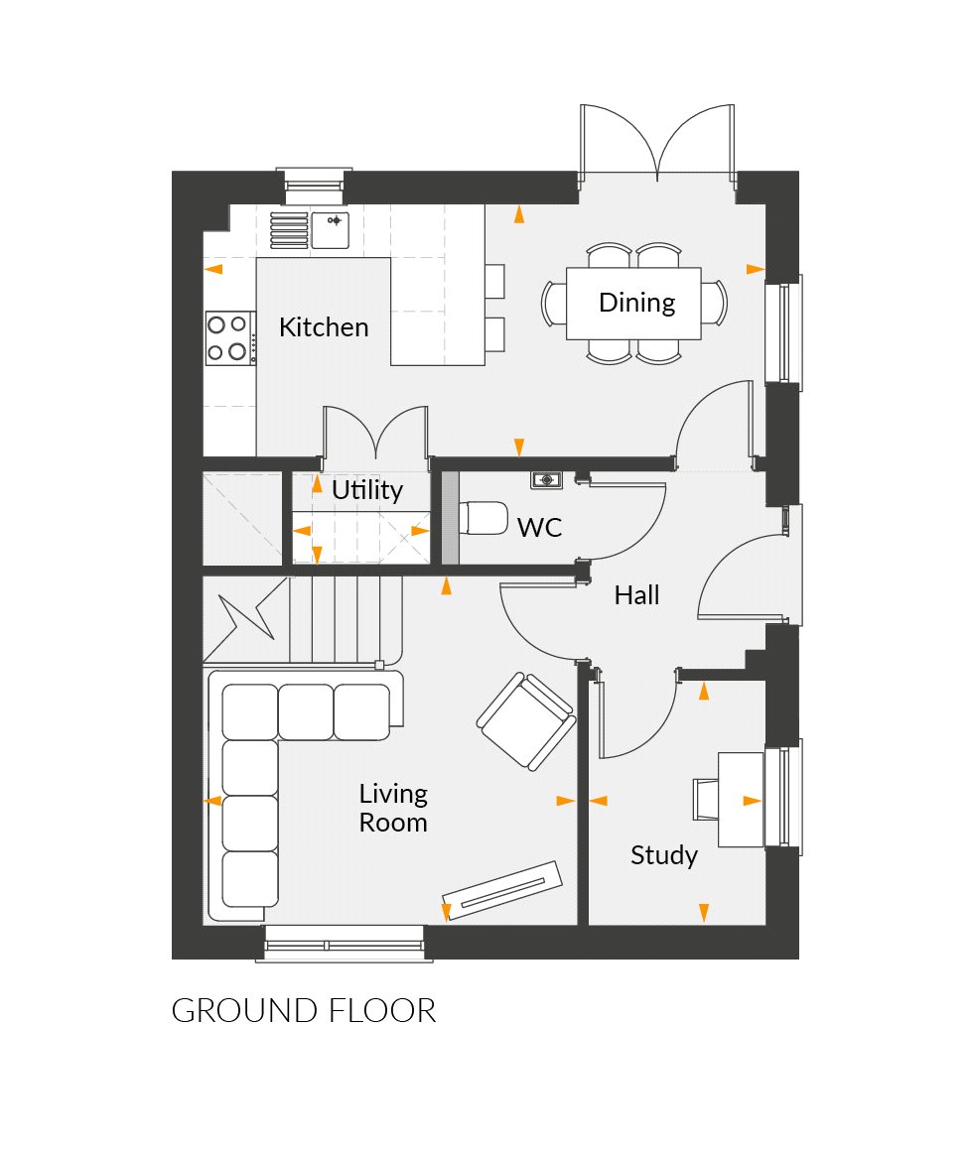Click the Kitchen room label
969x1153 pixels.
point(324,327)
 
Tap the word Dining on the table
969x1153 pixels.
point(636,303)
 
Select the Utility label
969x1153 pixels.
point(367,490)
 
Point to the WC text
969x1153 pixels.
point(539,527)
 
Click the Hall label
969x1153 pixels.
point(636,595)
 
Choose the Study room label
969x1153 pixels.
point(664,855)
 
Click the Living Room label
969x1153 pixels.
point(393,808)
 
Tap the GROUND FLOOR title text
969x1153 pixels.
point(304,1011)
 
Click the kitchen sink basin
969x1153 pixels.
point(332,228)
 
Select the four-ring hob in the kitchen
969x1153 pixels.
point(227,337)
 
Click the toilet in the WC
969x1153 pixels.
point(483,518)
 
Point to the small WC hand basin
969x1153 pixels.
point(546,480)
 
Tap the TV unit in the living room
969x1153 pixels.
point(502,890)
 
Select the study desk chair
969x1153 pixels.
point(705,800)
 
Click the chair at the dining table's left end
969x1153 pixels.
point(553,303)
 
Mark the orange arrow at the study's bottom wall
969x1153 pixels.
point(704,910)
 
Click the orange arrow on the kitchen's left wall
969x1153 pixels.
point(213,269)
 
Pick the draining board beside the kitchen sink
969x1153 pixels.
point(290,229)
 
